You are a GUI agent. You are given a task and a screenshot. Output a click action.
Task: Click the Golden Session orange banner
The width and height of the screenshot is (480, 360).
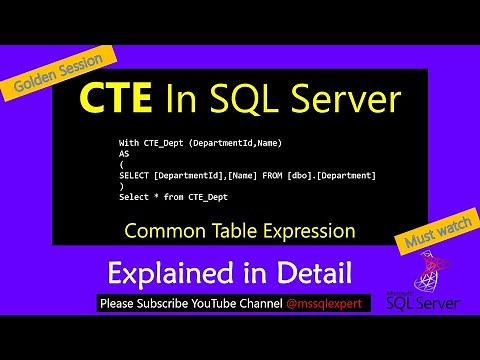[57, 76]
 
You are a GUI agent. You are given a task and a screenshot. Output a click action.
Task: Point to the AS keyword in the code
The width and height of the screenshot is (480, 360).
[125, 156]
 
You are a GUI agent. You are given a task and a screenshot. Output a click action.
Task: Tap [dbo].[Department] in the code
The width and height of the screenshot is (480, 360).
[334, 176]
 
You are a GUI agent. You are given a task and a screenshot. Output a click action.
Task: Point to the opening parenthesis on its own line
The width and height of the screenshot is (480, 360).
[121, 166]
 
